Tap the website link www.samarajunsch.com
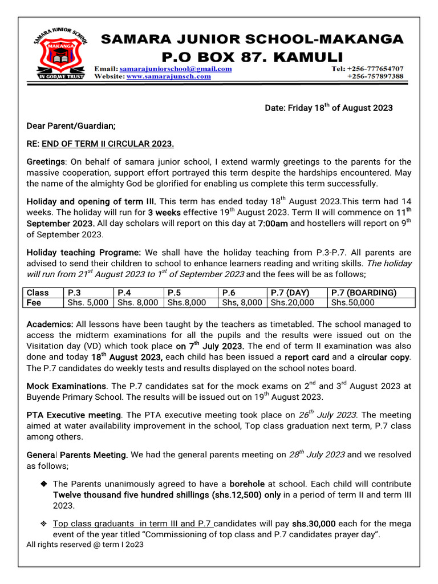pos(168,76)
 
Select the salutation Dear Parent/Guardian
pos(71,125)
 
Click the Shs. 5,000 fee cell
pos(88,303)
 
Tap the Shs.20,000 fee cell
pos(292,303)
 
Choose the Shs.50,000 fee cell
pos(353,303)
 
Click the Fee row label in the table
pos(35,303)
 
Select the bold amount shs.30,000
pos(314,524)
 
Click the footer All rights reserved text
pos(85,545)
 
